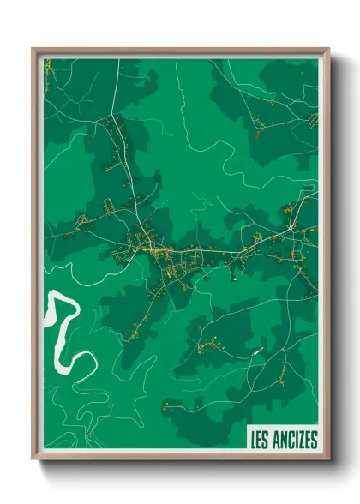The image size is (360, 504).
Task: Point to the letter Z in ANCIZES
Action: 299,441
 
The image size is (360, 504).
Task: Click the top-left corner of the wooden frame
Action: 33,49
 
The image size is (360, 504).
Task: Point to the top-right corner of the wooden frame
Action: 328,49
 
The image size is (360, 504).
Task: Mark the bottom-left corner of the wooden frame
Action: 33,459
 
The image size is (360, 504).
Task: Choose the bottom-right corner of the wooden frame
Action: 328,459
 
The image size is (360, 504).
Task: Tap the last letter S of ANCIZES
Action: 314,441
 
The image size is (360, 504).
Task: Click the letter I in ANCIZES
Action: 294,441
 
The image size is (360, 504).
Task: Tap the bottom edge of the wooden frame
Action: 180,459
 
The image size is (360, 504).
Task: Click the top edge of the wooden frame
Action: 180,49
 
